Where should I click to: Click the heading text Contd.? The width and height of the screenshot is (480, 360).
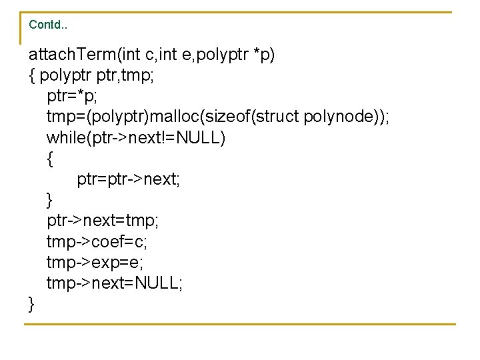(x=47, y=25)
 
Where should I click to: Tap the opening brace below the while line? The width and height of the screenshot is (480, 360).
(x=50, y=159)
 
